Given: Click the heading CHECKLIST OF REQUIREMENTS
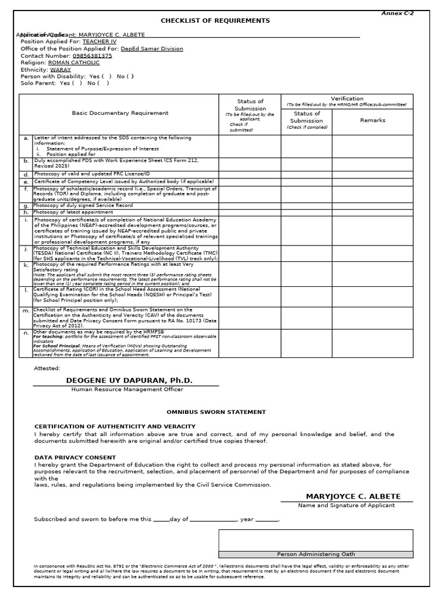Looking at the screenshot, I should coord(215,21).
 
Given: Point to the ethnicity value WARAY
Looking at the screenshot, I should coord(60,69).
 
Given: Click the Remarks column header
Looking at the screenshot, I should coord(372,120).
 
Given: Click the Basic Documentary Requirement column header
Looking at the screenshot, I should coord(120,113).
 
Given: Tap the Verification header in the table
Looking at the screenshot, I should coord(347,99).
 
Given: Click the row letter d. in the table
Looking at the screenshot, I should coord(26,174).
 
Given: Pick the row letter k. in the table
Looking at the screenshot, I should coord(26,265).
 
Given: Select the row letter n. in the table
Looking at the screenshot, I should coord(26,333).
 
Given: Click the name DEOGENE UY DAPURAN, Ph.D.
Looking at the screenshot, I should coord(129,380).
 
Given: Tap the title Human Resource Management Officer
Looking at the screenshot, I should coord(127,389).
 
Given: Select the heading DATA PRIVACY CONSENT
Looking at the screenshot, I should coord(75,458).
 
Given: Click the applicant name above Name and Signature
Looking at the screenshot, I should coord(353,496).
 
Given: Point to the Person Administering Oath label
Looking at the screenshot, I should coord(315,554).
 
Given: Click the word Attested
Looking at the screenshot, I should coord(47,368).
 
